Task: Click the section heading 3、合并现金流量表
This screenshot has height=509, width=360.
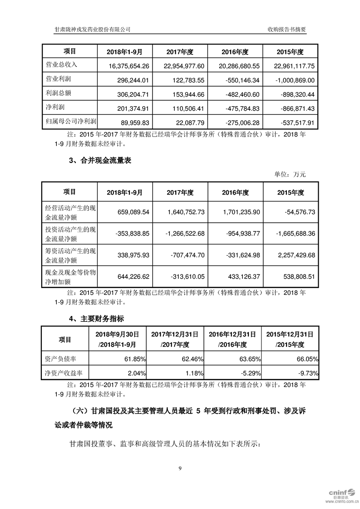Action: coord(100,161)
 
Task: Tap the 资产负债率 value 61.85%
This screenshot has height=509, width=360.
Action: coord(135,359)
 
